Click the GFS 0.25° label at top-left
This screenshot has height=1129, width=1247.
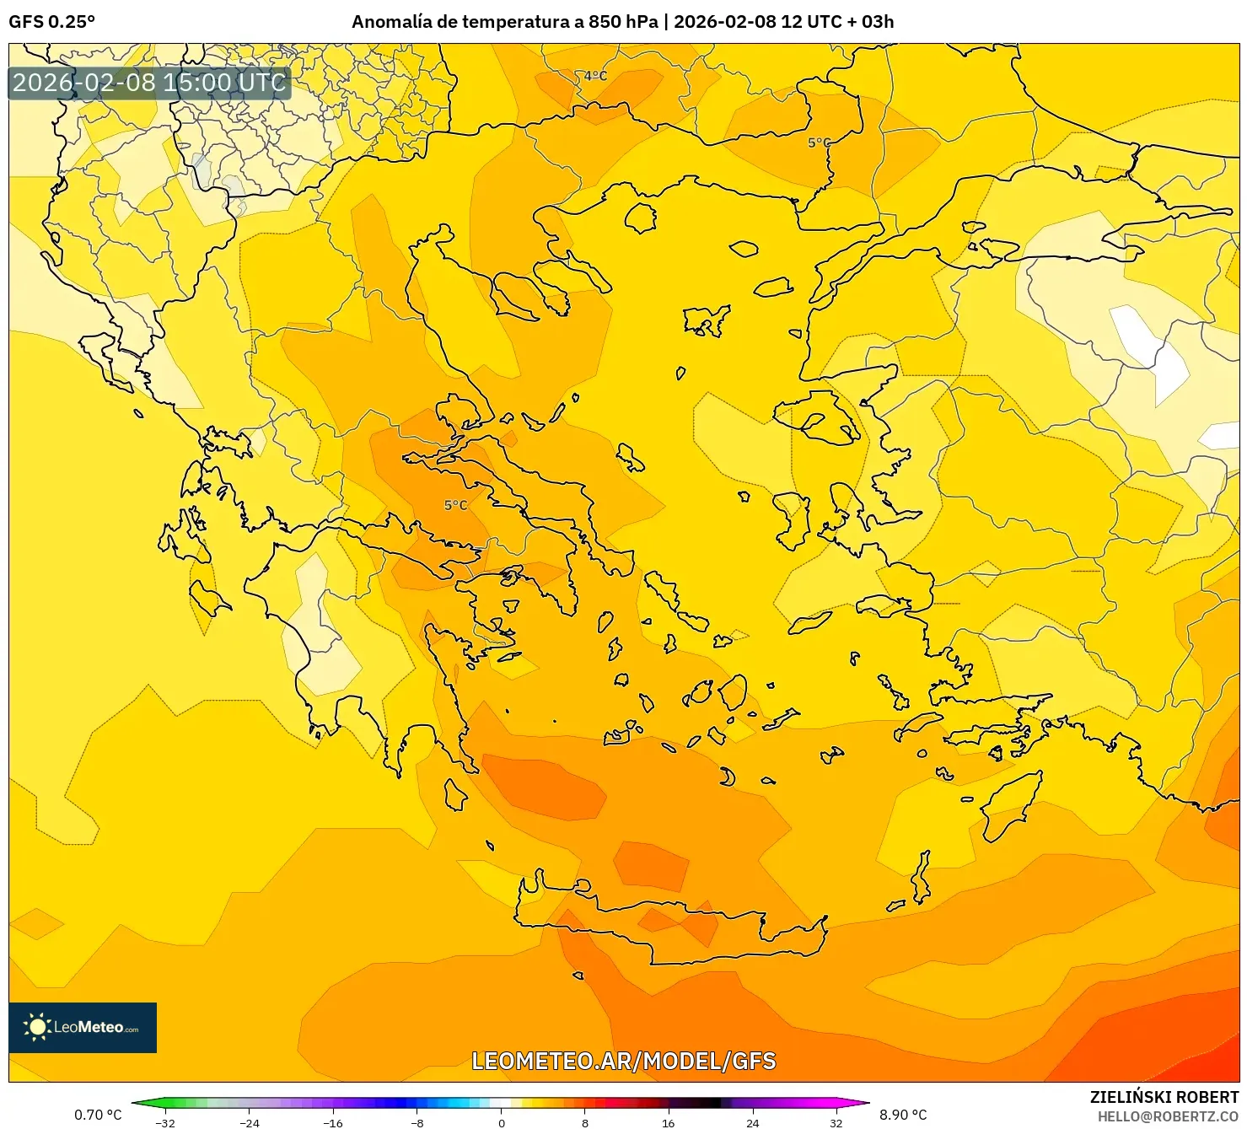[51, 22]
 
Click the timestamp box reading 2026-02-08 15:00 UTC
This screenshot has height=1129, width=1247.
[149, 83]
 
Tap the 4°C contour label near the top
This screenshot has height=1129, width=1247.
[595, 76]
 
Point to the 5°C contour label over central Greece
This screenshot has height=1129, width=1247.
[455, 505]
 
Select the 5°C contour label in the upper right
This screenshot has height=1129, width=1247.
[819, 142]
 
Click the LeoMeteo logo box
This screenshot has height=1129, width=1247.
[83, 1027]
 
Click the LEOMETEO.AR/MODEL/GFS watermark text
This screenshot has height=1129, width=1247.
[623, 1061]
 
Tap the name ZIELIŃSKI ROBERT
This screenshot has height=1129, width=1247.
[1164, 1097]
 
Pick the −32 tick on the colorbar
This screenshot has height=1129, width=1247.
[165, 1122]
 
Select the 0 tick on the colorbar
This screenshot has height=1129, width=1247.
[502, 1122]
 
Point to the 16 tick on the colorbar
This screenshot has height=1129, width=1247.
[669, 1122]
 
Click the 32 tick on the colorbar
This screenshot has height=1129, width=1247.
[836, 1122]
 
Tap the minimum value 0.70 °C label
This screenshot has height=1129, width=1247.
[98, 1115]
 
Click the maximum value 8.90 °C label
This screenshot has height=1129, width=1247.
[903, 1115]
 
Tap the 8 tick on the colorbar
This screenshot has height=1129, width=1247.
[585, 1122]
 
